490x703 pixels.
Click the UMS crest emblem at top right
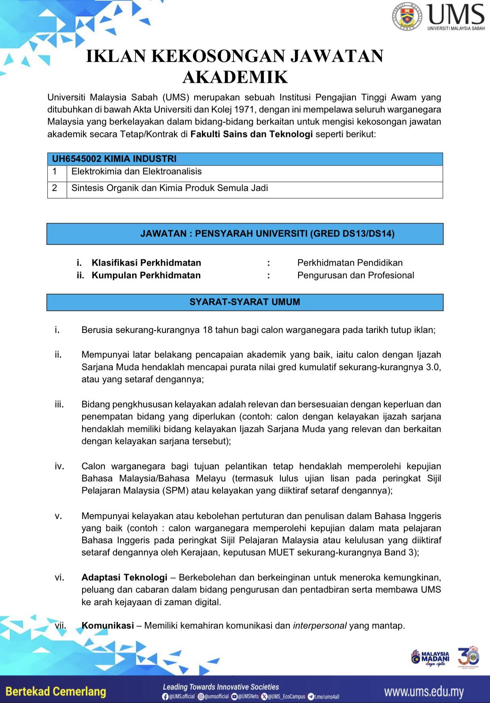click(x=407, y=17)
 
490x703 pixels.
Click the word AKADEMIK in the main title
click(x=235, y=77)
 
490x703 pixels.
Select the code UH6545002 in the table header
click(x=77, y=159)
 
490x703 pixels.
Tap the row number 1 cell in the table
click(x=55, y=172)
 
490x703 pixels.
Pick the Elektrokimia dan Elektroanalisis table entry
click(x=136, y=172)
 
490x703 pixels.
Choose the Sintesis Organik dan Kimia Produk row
click(x=170, y=188)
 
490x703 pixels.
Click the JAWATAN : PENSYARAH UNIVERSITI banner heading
click(x=267, y=233)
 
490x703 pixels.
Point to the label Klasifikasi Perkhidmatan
click(x=146, y=263)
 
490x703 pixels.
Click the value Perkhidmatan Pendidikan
click(x=350, y=263)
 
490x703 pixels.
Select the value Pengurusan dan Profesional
click(x=356, y=275)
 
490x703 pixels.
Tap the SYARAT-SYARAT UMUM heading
click(x=245, y=302)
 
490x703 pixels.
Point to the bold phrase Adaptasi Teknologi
click(x=124, y=578)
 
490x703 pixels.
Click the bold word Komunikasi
click(x=108, y=626)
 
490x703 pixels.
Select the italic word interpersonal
click(x=320, y=626)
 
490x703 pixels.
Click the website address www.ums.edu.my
click(x=424, y=692)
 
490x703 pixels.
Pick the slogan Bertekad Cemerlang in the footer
click(x=56, y=691)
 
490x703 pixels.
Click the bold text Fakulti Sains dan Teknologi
click(x=252, y=134)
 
